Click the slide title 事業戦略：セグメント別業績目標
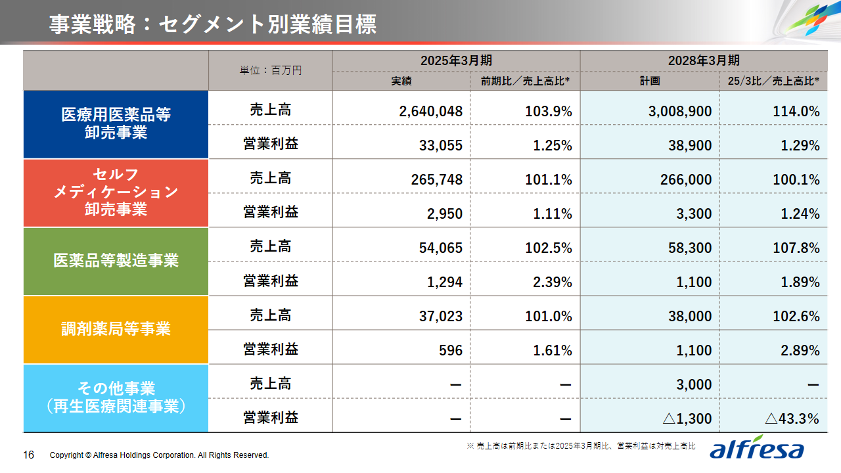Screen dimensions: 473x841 (x=212, y=24)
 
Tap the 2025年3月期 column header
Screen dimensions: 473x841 (x=456, y=60)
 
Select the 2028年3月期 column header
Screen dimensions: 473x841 (x=704, y=60)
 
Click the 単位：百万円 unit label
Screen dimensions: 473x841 (x=271, y=70)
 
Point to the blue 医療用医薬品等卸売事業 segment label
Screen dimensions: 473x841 (x=116, y=124)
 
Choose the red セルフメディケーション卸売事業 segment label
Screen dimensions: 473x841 (x=116, y=192)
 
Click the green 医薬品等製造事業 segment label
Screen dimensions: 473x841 (x=116, y=261)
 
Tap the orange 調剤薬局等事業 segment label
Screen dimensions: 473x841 (x=116, y=329)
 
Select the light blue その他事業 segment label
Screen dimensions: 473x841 (x=116, y=397)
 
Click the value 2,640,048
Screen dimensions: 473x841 (x=430, y=111)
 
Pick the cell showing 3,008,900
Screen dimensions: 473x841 (x=679, y=111)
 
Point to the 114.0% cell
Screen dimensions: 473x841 (x=796, y=111)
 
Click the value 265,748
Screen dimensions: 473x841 (x=436, y=179)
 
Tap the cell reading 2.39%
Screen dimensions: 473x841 (x=553, y=282)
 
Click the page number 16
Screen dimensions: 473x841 (x=29, y=455)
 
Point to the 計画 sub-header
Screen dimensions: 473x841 (x=650, y=81)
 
